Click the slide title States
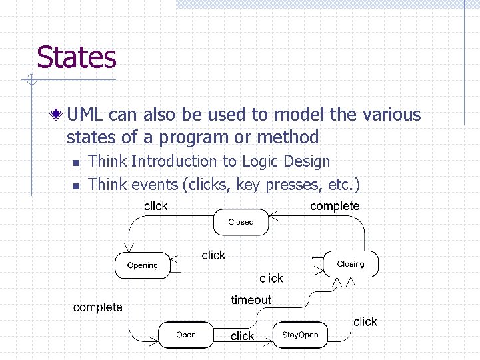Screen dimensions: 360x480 (77, 57)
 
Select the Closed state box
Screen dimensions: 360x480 (241, 222)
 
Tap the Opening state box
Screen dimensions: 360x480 (143, 265)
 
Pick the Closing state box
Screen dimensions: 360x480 (351, 264)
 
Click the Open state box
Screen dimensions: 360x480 (186, 335)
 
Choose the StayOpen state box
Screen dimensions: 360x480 (300, 335)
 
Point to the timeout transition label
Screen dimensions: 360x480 (251, 300)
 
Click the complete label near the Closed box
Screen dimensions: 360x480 (335, 206)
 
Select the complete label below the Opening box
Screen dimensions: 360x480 (98, 307)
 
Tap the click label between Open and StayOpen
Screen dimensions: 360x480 (242, 336)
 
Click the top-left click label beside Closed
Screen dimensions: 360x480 (156, 206)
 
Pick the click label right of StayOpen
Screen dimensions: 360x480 (365, 321)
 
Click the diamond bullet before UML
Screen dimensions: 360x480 (59, 115)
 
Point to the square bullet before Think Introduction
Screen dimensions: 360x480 (76, 163)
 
